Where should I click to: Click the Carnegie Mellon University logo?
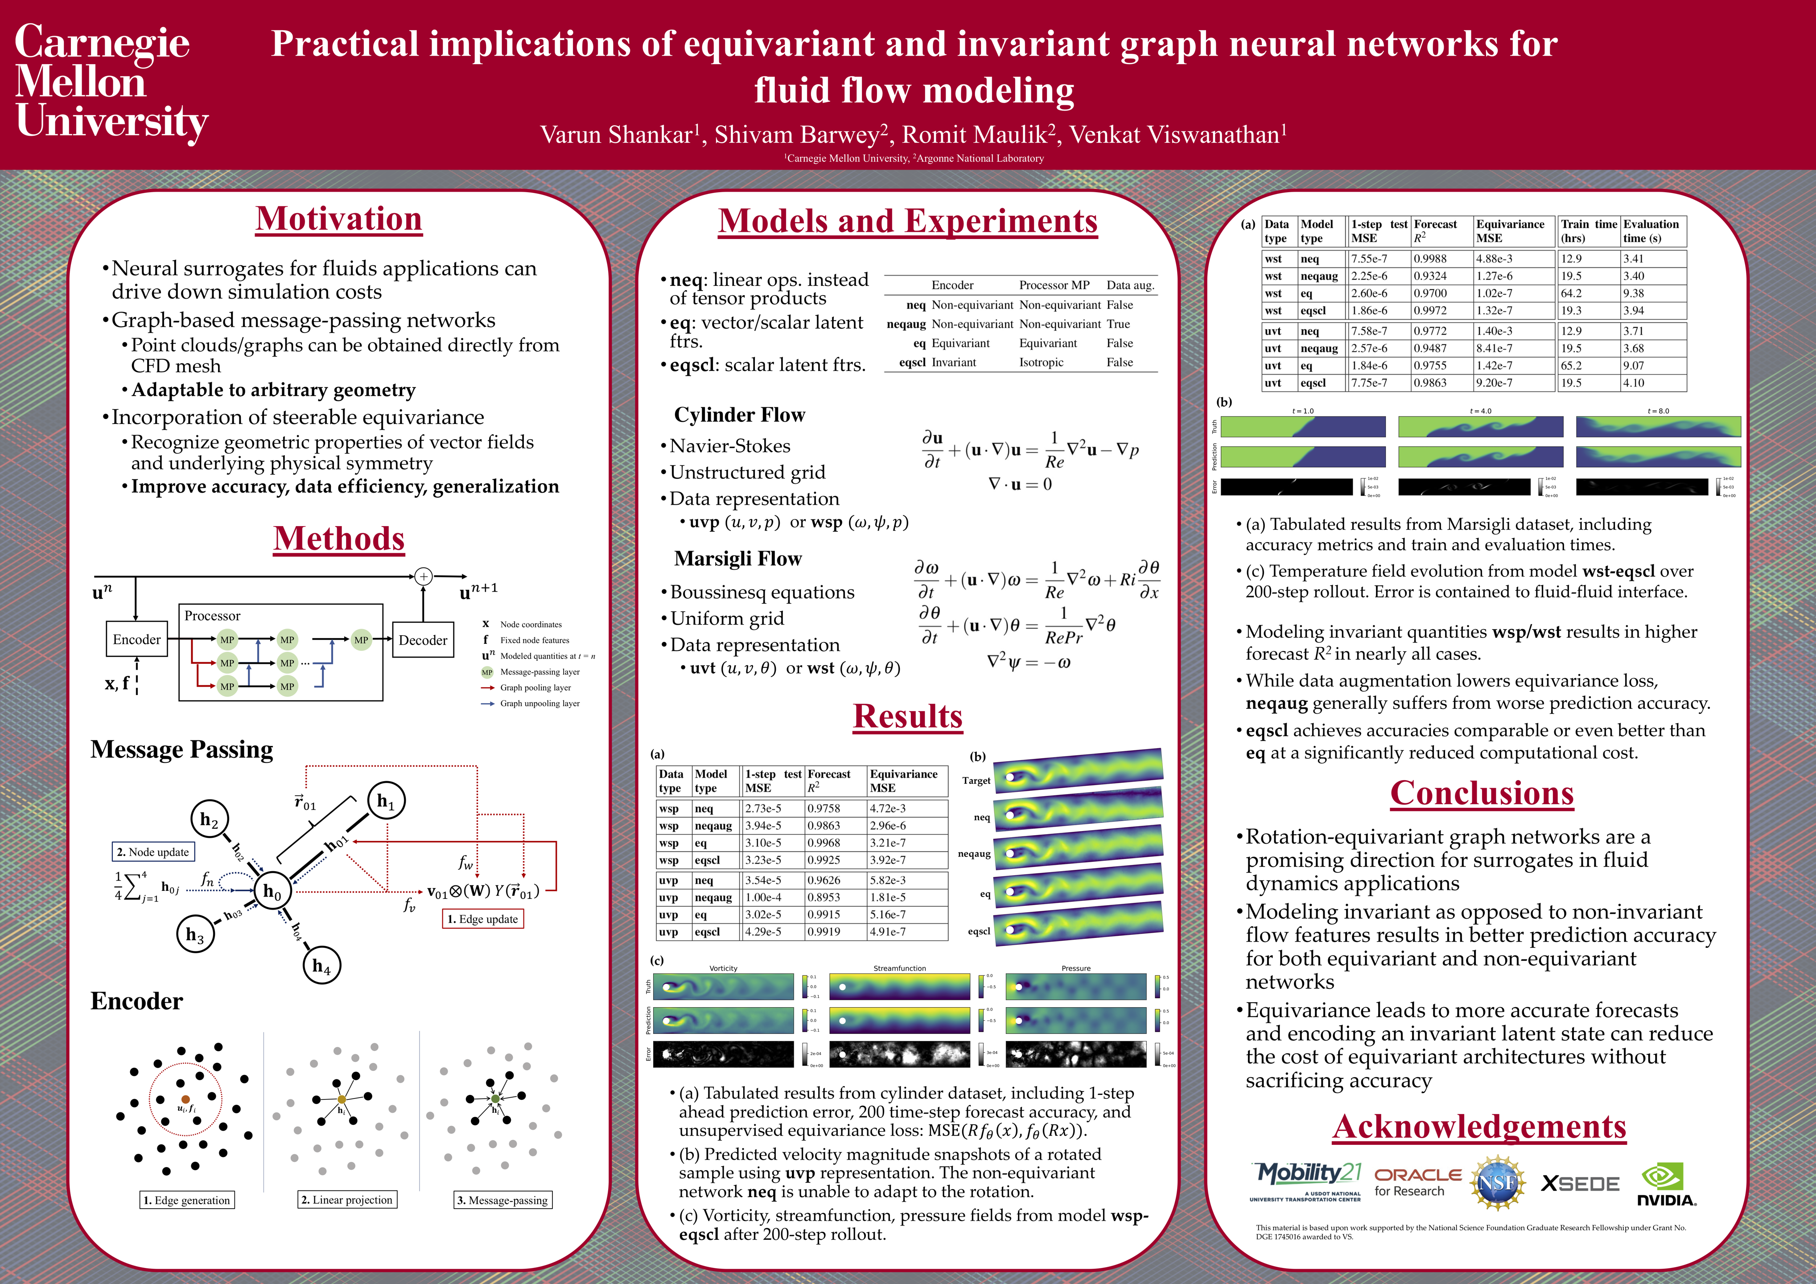point(111,82)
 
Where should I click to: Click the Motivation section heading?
point(338,219)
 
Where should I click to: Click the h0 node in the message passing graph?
point(272,892)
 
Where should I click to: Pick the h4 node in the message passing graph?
point(321,965)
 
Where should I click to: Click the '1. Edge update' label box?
point(482,918)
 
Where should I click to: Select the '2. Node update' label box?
point(152,851)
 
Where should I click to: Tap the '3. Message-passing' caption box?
point(502,1199)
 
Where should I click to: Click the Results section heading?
point(907,716)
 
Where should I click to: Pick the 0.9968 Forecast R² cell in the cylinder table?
point(824,843)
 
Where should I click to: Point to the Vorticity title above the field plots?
point(723,967)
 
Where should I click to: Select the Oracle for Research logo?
point(1417,1182)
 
